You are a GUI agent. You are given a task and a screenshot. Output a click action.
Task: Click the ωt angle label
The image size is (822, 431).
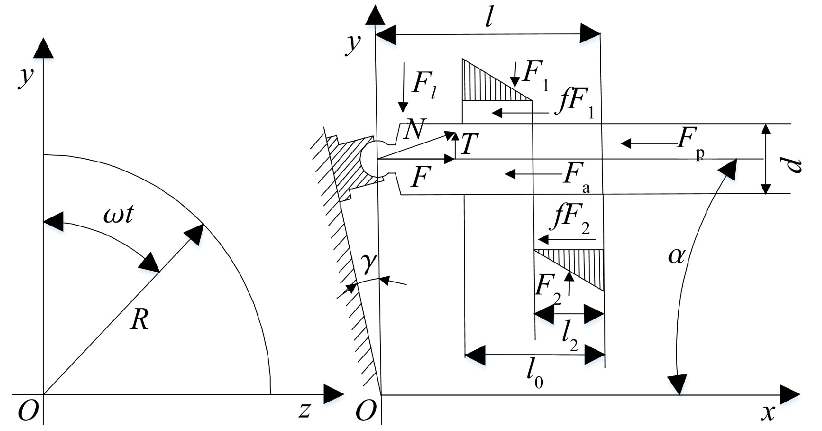coord(118,216)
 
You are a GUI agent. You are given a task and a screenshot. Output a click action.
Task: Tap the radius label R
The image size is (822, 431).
coord(139,320)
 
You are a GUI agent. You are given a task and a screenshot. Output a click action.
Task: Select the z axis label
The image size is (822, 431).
coord(304,410)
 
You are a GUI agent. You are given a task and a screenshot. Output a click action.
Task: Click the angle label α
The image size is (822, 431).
coord(677,255)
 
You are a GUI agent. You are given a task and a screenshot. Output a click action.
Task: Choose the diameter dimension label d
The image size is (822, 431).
coord(795,165)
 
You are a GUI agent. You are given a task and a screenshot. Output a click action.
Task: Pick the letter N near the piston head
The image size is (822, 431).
coord(414,130)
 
